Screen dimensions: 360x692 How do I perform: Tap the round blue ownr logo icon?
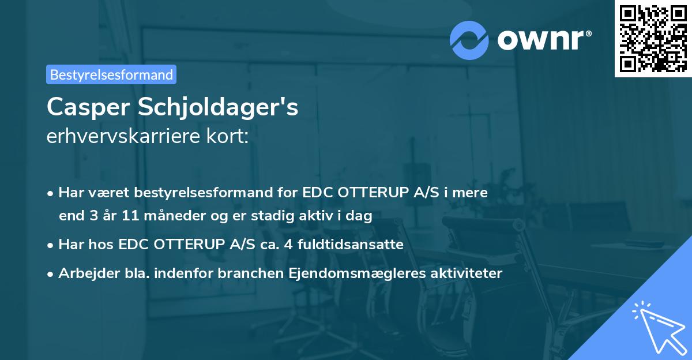(469, 40)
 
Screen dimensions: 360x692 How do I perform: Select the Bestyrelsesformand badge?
(111, 74)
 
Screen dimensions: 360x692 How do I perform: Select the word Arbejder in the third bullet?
(84, 273)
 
